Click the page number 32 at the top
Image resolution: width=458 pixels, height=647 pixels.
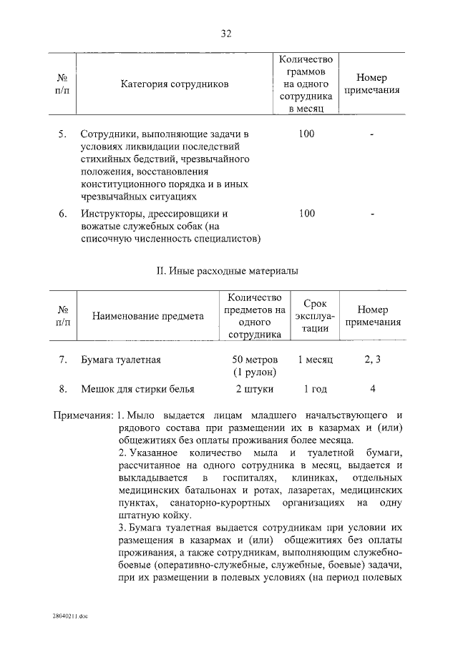pos(227,34)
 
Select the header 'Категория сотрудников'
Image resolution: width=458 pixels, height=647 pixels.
pos(175,84)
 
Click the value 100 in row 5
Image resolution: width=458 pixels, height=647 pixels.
pos(306,134)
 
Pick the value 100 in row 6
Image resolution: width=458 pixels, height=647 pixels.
pos(306,213)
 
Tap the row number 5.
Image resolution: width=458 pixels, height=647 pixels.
pos(62,134)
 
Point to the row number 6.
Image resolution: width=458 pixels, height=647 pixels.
pos(62,213)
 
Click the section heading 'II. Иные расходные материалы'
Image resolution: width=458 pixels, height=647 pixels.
pos(227,271)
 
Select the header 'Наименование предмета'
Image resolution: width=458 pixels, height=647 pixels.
pos(147,316)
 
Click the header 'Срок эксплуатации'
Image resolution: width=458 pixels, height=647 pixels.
pos(315,316)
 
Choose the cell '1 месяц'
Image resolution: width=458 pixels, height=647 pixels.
pos(315,360)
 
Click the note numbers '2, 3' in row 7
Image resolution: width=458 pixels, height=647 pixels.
pos(372,360)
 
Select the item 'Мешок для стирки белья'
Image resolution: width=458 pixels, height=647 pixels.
pos(137,389)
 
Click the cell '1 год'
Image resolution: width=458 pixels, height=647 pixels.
pos(315,389)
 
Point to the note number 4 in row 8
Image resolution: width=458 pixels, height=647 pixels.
pos(372,389)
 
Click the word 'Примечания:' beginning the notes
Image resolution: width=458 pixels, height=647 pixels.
pos(83,416)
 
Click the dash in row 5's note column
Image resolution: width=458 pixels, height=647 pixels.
pos(372,134)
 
